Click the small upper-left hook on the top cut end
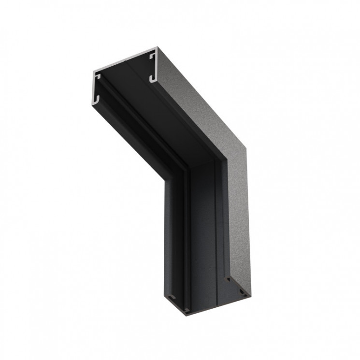[x=98, y=77]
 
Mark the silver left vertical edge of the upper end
[x=93, y=87]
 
